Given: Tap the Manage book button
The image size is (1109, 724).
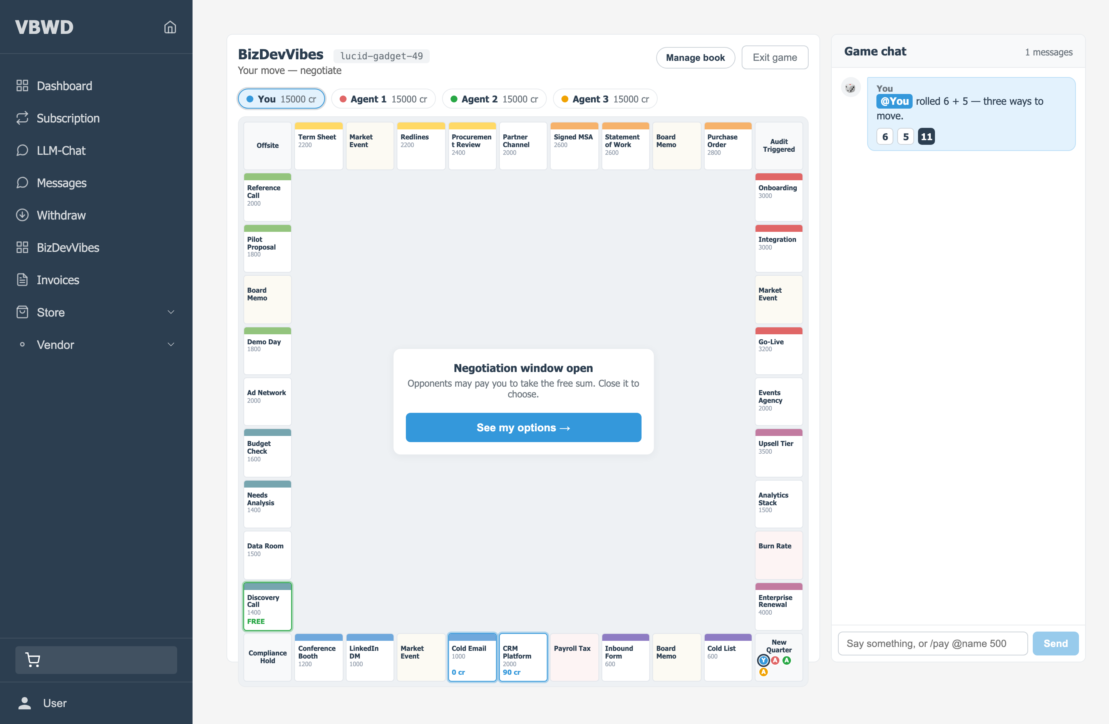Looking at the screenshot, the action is [x=695, y=57].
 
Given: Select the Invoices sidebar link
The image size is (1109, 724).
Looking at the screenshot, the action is [x=57, y=280].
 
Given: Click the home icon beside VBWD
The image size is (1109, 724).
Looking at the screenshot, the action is [x=170, y=27].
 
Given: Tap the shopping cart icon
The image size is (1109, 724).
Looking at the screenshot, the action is [x=33, y=660].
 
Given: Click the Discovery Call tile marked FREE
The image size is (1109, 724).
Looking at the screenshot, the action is [x=268, y=606].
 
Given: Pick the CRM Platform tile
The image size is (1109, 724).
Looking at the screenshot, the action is [x=523, y=657].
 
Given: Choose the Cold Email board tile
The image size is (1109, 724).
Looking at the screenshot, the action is [x=472, y=657].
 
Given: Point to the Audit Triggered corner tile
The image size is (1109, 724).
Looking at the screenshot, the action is [x=779, y=146].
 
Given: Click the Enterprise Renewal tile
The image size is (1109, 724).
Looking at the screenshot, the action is [x=779, y=606].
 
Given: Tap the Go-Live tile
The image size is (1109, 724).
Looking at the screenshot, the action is [x=779, y=350].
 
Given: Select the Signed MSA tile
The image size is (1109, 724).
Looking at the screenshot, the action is [x=574, y=146].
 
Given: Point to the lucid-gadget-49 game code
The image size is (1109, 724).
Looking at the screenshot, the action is [x=381, y=56].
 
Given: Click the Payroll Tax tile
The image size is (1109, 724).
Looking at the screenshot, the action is [x=574, y=657].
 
